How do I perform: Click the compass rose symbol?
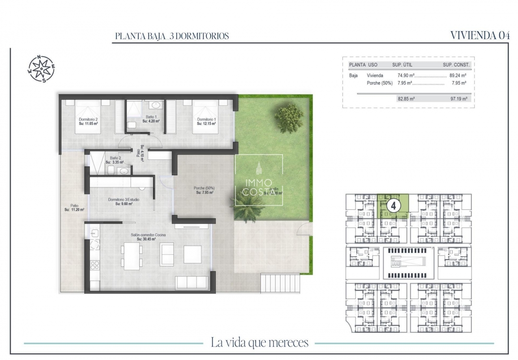click(x=41, y=69)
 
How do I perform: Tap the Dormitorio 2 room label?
click(x=88, y=120)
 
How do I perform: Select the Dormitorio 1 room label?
click(x=206, y=120)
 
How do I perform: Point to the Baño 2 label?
click(x=114, y=158)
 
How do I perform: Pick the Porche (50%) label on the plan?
click(x=204, y=188)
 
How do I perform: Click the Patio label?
click(x=74, y=205)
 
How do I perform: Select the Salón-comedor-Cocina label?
click(x=146, y=235)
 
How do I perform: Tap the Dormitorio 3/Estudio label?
click(x=123, y=200)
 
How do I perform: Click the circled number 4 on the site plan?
click(x=393, y=205)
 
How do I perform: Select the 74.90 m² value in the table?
click(x=406, y=75)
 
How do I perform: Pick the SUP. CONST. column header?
click(x=456, y=65)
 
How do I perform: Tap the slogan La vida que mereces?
click(x=259, y=343)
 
